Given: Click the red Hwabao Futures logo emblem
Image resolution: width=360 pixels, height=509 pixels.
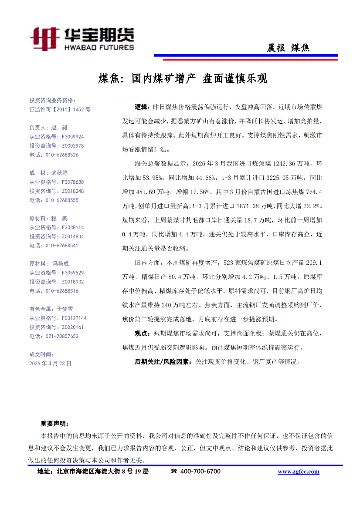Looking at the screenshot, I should click(45, 38).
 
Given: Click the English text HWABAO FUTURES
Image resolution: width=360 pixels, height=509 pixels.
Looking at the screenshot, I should click(99, 47).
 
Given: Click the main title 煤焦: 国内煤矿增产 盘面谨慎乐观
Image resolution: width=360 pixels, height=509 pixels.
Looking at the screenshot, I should click(183, 79).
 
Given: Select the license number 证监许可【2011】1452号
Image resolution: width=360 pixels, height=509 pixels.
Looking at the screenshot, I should click(60, 110).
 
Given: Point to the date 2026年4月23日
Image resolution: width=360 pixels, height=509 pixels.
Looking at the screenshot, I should click(50, 363).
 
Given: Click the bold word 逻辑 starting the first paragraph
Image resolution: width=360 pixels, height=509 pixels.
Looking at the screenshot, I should click(141, 107).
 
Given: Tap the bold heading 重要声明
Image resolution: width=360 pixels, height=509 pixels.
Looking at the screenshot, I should click(54, 423).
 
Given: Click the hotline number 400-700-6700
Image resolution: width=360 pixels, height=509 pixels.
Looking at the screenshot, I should click(200, 472).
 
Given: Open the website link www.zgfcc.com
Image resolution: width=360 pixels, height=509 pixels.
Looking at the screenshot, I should click(298, 472).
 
